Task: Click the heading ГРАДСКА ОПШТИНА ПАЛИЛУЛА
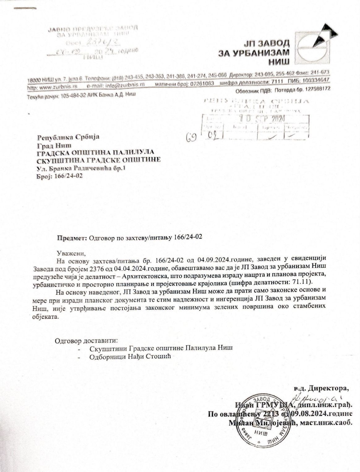[x=95, y=153]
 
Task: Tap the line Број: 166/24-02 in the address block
[x=60, y=176]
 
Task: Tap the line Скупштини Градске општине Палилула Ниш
[x=161, y=348]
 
